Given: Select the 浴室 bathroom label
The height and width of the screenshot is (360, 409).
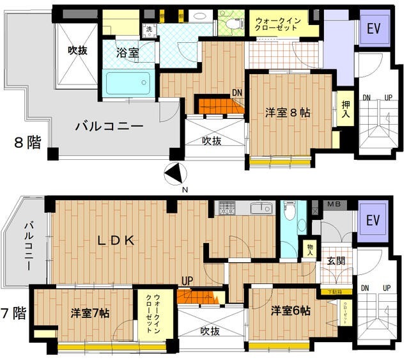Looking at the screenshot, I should [x=128, y=54].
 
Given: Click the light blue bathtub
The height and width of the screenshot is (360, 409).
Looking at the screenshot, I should [x=128, y=83].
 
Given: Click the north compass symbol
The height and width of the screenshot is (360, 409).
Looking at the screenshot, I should [x=173, y=173].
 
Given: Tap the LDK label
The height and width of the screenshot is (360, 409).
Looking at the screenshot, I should [x=116, y=240].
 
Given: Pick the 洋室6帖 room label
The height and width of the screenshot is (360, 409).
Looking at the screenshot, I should [x=290, y=311].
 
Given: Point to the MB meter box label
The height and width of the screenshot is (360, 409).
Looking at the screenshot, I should [x=334, y=205].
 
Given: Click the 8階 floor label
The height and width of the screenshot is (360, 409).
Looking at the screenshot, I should [x=27, y=142].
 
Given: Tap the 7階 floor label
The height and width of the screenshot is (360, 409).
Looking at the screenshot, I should [x=14, y=313].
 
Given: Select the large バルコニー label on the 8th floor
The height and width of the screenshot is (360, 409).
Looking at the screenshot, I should [x=109, y=125].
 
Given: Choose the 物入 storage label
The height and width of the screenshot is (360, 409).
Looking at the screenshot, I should [x=310, y=248].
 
